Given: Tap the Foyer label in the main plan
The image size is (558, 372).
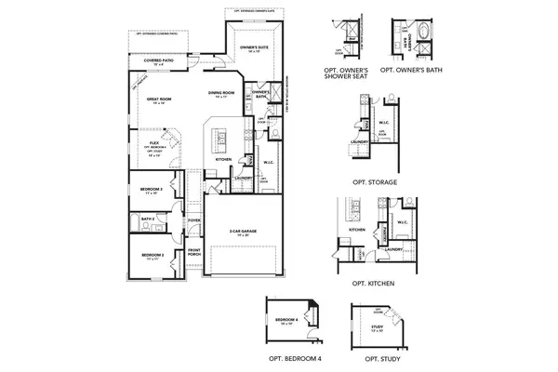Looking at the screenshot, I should [x=194, y=220].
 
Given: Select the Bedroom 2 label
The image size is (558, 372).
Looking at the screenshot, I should [x=153, y=254].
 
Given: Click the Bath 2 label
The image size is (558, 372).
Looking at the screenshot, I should [x=146, y=219].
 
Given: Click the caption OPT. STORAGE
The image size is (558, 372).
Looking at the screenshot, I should [x=375, y=182].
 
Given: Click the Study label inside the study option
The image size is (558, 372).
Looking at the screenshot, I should [x=378, y=326].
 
